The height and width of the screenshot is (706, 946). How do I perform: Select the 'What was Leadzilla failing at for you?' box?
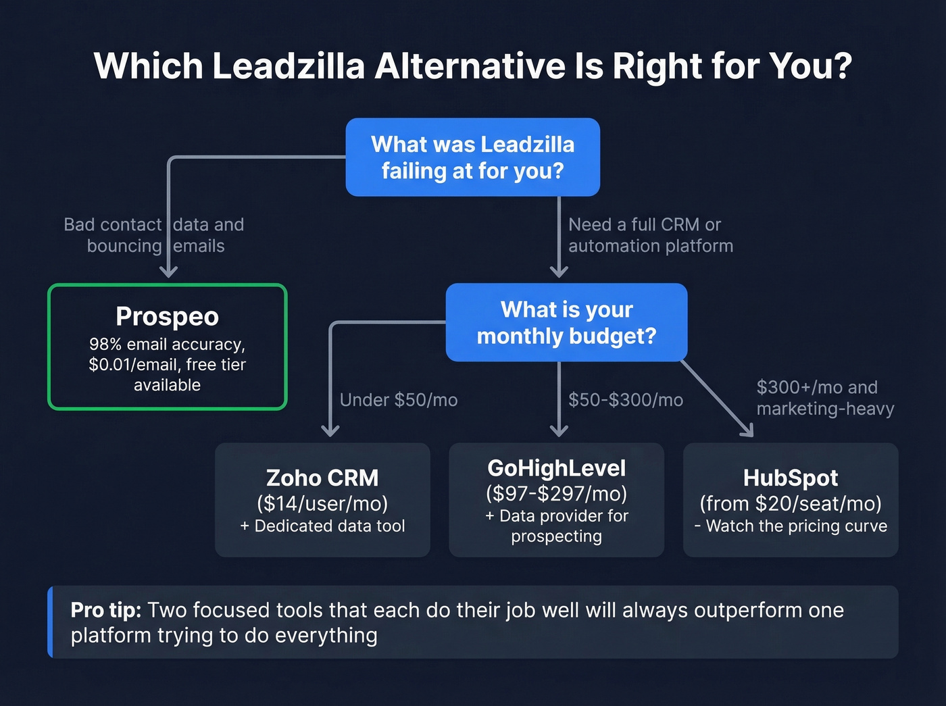click(472, 157)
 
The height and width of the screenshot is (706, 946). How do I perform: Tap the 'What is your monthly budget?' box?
click(566, 322)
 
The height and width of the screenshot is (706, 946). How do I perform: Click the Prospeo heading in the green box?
click(167, 316)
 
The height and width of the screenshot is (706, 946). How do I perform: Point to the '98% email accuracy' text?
click(167, 345)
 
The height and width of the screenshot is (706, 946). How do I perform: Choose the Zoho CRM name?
click(322, 478)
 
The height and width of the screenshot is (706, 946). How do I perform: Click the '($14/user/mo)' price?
click(322, 503)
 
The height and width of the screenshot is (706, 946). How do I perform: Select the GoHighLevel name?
click(556, 468)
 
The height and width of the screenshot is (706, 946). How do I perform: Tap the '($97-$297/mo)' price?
click(556, 494)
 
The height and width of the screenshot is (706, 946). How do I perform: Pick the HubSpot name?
click(791, 478)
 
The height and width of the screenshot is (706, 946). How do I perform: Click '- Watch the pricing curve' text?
click(791, 526)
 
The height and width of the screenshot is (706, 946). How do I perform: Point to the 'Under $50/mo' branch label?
click(399, 400)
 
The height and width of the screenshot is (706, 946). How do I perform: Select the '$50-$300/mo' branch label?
click(626, 400)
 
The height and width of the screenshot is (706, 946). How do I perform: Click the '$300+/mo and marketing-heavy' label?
click(825, 398)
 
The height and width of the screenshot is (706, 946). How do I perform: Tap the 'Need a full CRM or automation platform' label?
click(650, 235)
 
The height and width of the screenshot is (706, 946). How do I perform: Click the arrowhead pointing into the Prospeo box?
click(168, 272)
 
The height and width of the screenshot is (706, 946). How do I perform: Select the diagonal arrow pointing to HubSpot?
click(718, 399)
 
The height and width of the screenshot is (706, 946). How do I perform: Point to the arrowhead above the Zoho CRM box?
click(330, 430)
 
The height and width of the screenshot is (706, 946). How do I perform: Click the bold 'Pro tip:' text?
click(105, 610)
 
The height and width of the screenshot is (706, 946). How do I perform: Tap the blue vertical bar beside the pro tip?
click(51, 622)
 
